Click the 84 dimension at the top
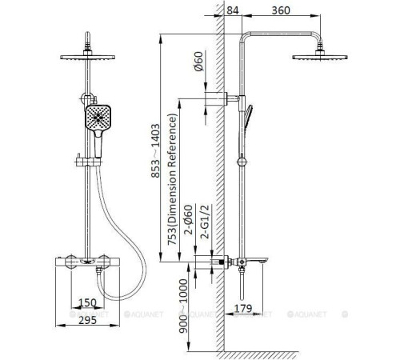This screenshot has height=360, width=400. point(233,10)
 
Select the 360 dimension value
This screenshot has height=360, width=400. point(281,10)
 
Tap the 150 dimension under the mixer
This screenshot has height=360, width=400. point(87,302)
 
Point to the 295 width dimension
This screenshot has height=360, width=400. point(87,320)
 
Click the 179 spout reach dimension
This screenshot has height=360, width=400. point(242,308)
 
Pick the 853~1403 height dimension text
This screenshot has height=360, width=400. point(155,150)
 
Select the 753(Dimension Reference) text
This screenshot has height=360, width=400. point(172,179)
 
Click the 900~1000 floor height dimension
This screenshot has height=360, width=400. point(183,306)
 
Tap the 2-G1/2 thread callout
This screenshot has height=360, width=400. point(206,222)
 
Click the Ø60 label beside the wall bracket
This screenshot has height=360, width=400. point(198,62)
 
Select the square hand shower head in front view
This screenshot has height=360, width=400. point(98,117)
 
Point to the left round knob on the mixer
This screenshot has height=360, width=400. point(72,262)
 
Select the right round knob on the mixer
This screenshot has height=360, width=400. point(103,262)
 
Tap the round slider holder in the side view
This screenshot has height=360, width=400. point(242,162)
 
